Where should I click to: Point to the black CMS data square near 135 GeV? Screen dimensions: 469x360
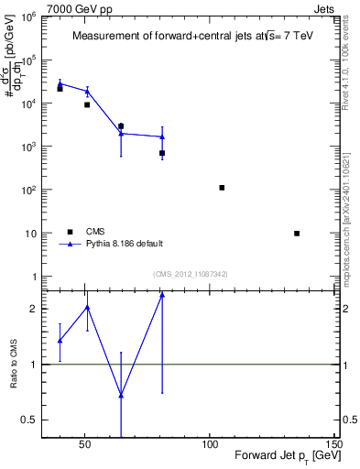click(297, 234)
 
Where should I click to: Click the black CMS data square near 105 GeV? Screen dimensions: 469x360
click(222, 188)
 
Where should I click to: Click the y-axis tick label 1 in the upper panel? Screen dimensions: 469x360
click(34, 277)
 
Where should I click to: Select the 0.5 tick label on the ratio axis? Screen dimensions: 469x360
click(29, 420)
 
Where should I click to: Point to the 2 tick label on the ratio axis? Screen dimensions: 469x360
click(34, 309)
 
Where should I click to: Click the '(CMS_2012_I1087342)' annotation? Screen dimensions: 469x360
click(191, 274)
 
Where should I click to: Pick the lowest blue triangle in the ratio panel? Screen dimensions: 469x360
click(121, 395)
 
